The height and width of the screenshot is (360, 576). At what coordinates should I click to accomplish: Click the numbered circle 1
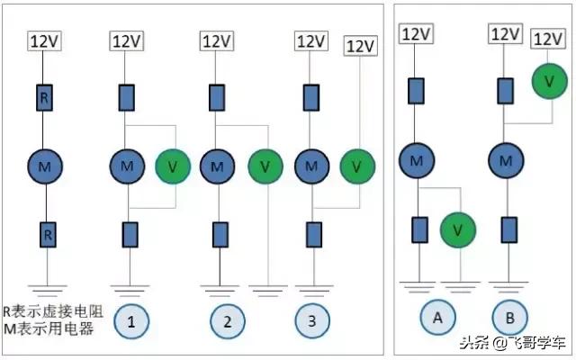click(x=131, y=319)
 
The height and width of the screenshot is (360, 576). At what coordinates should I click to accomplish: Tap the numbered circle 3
click(x=312, y=319)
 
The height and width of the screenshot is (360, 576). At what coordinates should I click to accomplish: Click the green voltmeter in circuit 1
click(x=173, y=166)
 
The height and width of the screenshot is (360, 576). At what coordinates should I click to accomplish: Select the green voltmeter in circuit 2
click(x=265, y=166)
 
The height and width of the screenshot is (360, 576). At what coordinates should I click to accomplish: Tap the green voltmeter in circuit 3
click(x=357, y=166)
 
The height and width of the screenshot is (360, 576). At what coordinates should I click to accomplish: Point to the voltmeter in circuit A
click(x=458, y=230)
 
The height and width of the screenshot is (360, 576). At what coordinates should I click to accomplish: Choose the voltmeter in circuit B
click(x=549, y=82)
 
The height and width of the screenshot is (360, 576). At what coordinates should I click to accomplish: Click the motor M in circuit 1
click(x=126, y=166)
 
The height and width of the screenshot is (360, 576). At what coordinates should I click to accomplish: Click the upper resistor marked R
click(x=44, y=98)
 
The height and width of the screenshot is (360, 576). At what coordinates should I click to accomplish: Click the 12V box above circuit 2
click(x=216, y=41)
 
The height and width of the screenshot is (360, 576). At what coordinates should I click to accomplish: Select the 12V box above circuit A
click(x=416, y=34)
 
